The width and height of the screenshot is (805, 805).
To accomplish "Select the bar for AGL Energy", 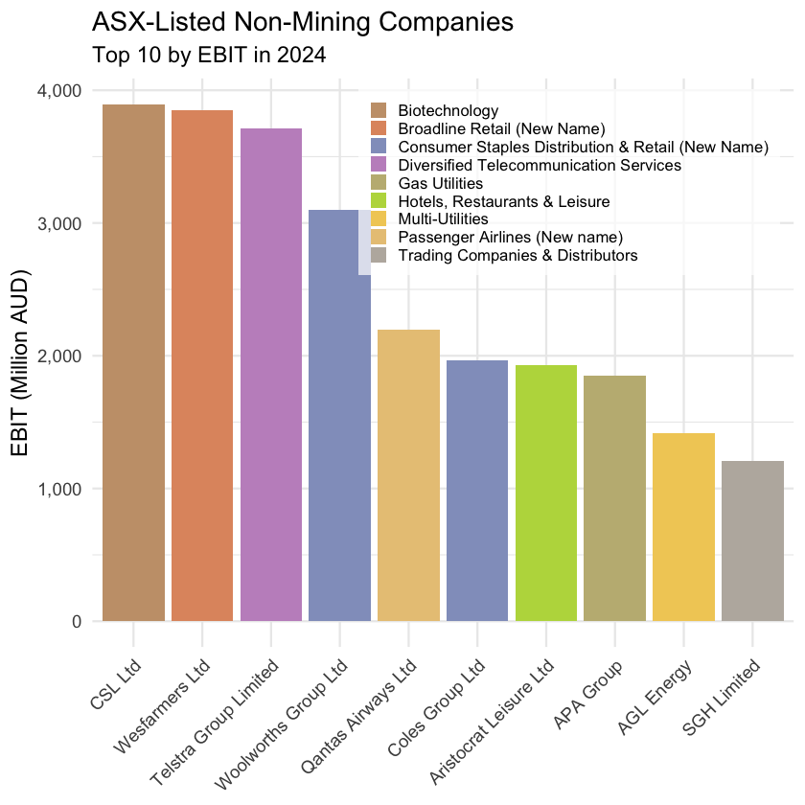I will pyautogui.click(x=683, y=527).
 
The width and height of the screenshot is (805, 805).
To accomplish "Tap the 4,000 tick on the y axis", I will pyautogui.click(x=58, y=90).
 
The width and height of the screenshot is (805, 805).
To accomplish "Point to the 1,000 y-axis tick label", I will pyautogui.click(x=58, y=489).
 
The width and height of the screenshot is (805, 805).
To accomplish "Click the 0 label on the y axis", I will pyautogui.click(x=75, y=621).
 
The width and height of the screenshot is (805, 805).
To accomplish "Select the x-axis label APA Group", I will pyautogui.click(x=589, y=694).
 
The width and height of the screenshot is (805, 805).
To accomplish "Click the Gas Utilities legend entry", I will pyautogui.click(x=440, y=184).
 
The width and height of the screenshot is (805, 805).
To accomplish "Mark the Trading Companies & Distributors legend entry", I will pyautogui.click(x=517, y=257).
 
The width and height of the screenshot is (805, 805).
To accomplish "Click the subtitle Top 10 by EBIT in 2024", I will pyautogui.click(x=210, y=55).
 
